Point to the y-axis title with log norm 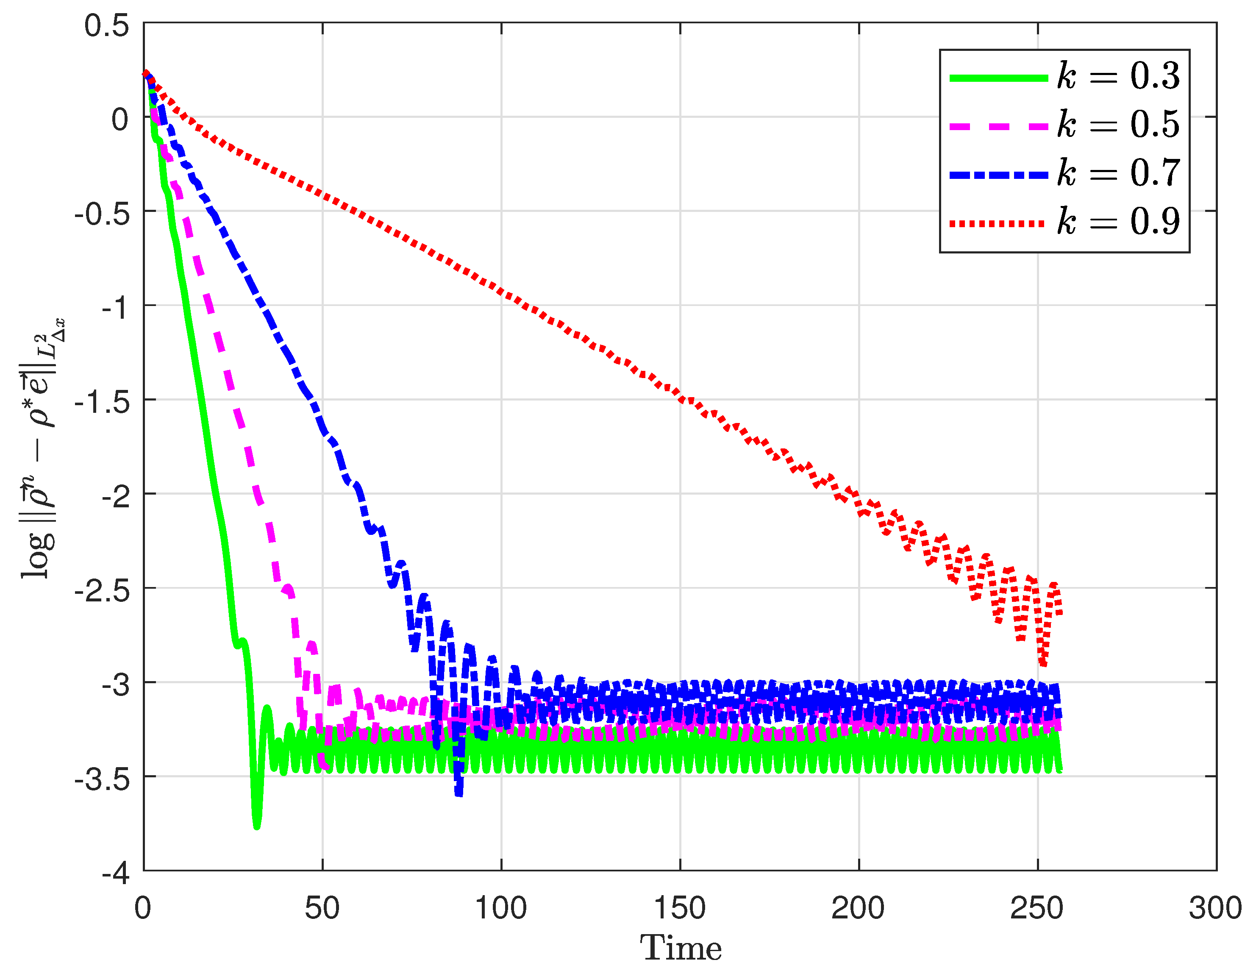tap(44, 449)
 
